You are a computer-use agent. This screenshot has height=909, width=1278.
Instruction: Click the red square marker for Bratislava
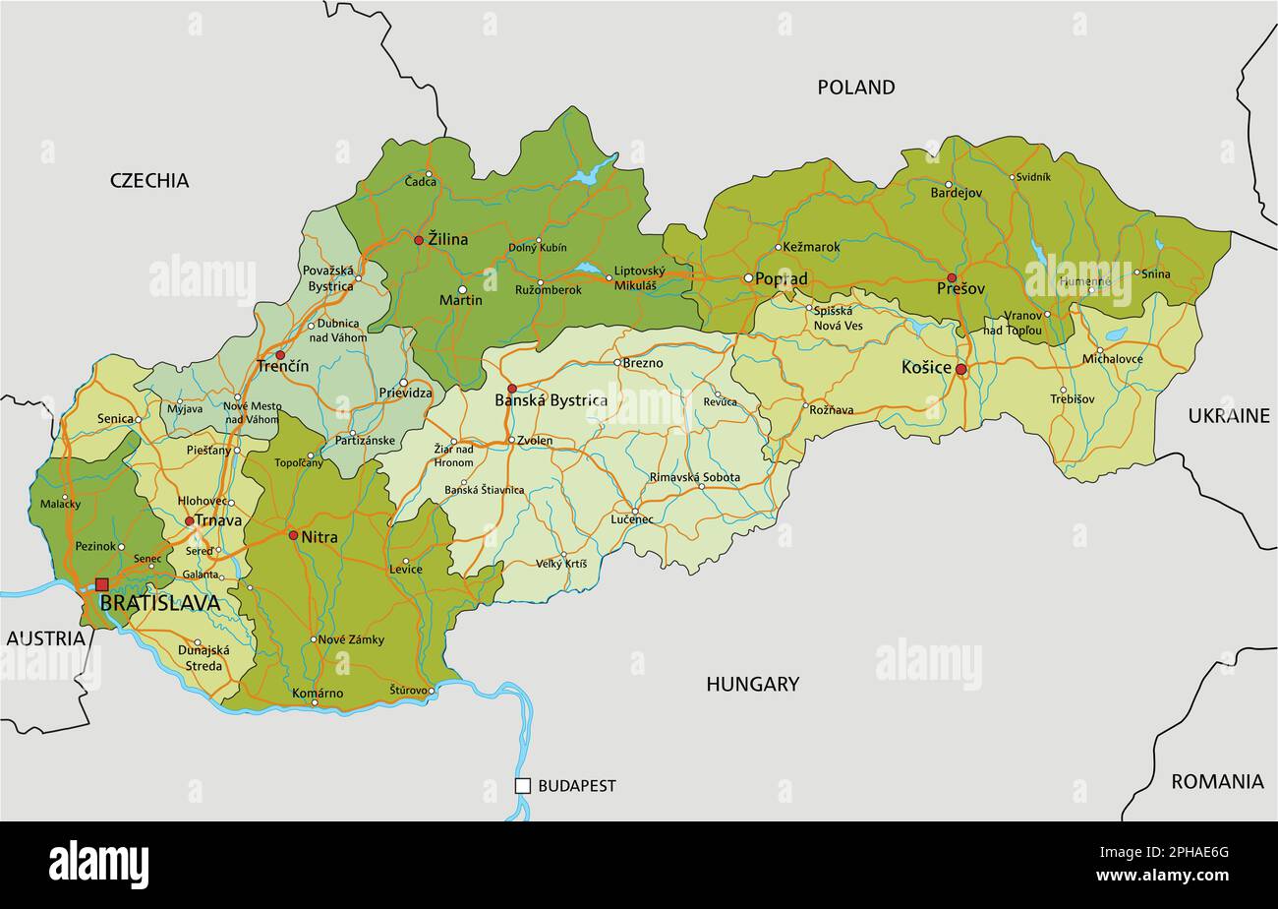point(101,584)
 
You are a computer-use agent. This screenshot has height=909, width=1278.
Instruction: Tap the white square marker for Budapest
point(523,785)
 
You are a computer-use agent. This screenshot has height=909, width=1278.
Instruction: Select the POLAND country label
point(855,88)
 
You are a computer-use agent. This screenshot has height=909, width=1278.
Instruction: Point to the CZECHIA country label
point(149,180)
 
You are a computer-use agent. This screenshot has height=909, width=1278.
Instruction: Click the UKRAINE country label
point(1229,416)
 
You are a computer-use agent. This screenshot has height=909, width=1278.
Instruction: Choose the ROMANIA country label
point(1217,782)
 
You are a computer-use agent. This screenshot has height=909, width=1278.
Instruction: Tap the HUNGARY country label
point(752,684)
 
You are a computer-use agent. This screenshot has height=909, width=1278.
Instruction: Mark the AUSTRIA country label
point(46,638)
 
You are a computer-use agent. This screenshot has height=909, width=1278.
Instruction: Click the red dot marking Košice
point(961,370)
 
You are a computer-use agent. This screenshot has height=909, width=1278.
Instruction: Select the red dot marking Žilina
point(419,240)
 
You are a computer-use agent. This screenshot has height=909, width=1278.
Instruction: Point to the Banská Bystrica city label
point(551,400)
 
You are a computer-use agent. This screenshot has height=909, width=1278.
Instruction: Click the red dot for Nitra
point(293,535)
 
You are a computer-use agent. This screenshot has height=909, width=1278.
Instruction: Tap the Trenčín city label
point(282,366)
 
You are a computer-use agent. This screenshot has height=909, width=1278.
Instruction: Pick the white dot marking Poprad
point(748,278)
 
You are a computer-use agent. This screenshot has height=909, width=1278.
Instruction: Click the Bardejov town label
point(956,193)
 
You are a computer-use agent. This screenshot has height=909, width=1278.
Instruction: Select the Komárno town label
point(318,694)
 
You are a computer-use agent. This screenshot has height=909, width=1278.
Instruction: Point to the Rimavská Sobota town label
point(694,477)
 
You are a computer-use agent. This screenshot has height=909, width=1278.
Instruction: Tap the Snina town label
point(1155,273)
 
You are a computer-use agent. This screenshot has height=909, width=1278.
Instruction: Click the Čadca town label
point(422,181)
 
